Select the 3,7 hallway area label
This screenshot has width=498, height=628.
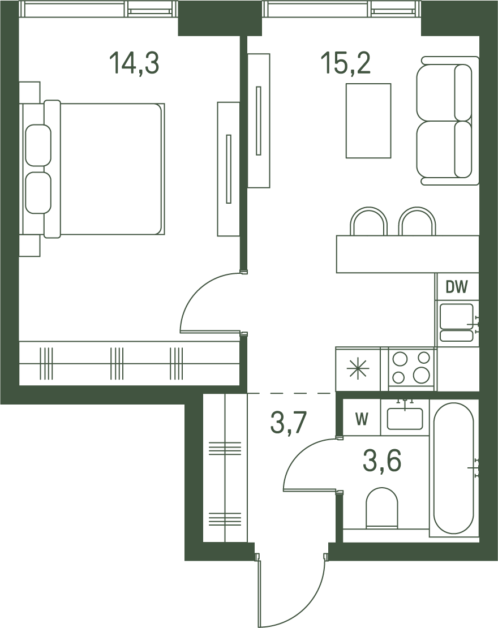point(289,423)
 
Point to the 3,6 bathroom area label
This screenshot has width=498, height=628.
point(382,462)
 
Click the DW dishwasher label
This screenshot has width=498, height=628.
point(457,287)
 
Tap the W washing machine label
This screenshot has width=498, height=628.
point(362,419)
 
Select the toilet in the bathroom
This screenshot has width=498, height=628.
point(382,507)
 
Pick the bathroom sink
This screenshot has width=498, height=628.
point(405,418)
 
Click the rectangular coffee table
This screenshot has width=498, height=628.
point(368,121)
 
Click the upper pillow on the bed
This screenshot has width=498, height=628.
point(38,145)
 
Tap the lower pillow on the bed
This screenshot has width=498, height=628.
point(38,193)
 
